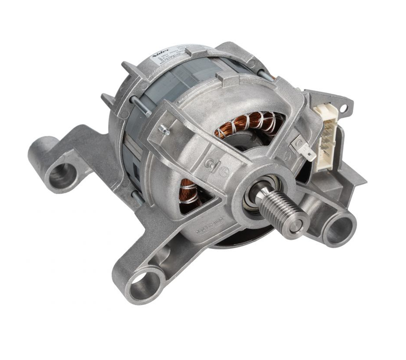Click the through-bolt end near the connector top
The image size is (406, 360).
(264, 75)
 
